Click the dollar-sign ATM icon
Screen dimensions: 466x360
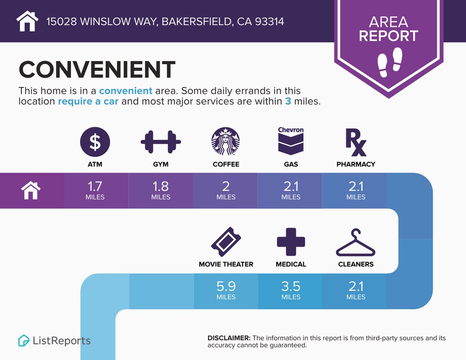pos(95,142)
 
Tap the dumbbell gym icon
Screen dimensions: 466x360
pos(161,142)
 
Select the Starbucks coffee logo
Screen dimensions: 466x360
pos(226,142)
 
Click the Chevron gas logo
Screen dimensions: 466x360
pos(291,141)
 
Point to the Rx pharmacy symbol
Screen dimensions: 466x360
pos(356,142)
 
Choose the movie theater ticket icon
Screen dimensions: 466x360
pos(226,242)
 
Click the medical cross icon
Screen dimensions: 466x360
pos(291,242)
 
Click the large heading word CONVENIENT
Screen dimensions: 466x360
pos(97,69)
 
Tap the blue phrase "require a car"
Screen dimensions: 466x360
pos(88,101)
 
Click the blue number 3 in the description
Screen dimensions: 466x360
pos(288,101)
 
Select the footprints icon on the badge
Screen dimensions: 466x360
pos(390,62)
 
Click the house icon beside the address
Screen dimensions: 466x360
pos(27,21)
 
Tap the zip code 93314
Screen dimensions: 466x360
pos(269,21)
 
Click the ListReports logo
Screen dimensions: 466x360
pos(55,341)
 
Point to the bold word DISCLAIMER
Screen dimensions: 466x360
pos(229,338)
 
